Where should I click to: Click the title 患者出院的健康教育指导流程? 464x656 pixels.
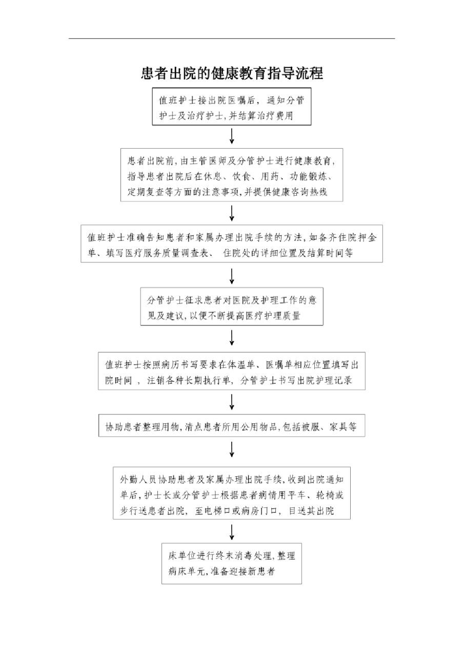[x=232, y=73]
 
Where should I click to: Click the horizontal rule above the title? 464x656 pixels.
[x=232, y=38]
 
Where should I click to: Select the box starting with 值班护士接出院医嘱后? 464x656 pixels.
[x=231, y=107]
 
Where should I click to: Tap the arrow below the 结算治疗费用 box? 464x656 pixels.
[x=232, y=136]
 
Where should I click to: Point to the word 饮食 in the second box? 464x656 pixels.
[x=241, y=176]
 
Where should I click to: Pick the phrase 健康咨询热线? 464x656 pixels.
[x=299, y=192]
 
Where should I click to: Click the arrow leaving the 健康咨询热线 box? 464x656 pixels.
[x=232, y=213]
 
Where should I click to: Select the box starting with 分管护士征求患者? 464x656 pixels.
[x=232, y=306]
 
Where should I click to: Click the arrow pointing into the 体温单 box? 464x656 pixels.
[x=232, y=338]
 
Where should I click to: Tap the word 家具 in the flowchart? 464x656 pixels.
[x=338, y=427]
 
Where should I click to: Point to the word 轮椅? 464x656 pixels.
[x=326, y=495]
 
